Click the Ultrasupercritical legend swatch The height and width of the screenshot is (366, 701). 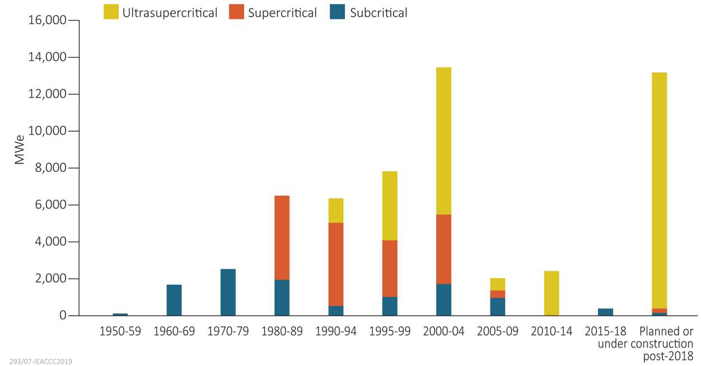(x=111, y=12)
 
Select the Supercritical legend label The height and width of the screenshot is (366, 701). (x=282, y=12)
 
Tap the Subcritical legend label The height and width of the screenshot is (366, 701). (x=378, y=12)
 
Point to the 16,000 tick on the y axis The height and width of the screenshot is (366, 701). (x=46, y=21)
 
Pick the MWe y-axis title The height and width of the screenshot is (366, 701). (x=20, y=150)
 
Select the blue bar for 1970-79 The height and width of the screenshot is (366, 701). (x=228, y=292)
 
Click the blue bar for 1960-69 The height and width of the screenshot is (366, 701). (x=174, y=300)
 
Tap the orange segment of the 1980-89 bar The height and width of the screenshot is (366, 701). (x=282, y=238)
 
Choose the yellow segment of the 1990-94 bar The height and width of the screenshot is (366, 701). (x=336, y=210)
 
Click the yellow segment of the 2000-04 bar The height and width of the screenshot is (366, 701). (x=443, y=141)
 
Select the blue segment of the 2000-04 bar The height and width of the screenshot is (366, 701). (x=443, y=300)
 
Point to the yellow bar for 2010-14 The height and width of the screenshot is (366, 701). (x=552, y=293)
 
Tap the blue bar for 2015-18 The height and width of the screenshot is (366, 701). (x=605, y=312)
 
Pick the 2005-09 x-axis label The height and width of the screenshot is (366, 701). (x=498, y=331)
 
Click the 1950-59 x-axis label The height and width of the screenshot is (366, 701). (x=120, y=331)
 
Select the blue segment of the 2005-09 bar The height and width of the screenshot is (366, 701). (x=498, y=307)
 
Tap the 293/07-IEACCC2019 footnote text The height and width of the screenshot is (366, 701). (x=41, y=361)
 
